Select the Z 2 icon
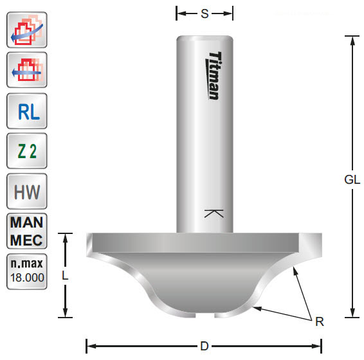26,152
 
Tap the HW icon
26,192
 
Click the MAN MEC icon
26,231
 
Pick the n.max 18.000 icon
26,271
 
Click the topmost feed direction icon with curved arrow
26,30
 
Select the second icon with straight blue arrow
26,70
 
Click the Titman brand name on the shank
215,75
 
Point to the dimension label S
205,13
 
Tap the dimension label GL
352,181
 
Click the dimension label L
65,275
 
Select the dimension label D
204,346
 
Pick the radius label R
319,321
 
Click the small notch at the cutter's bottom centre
204,314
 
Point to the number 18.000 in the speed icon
26,279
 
